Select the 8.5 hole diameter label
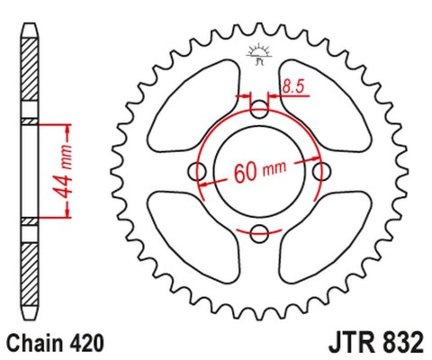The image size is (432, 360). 291,87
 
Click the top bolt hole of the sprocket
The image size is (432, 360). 259,111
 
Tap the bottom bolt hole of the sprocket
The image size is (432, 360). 259,234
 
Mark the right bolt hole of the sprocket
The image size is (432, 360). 321,172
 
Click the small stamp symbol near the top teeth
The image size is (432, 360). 258,55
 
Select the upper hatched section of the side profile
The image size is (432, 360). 30,76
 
